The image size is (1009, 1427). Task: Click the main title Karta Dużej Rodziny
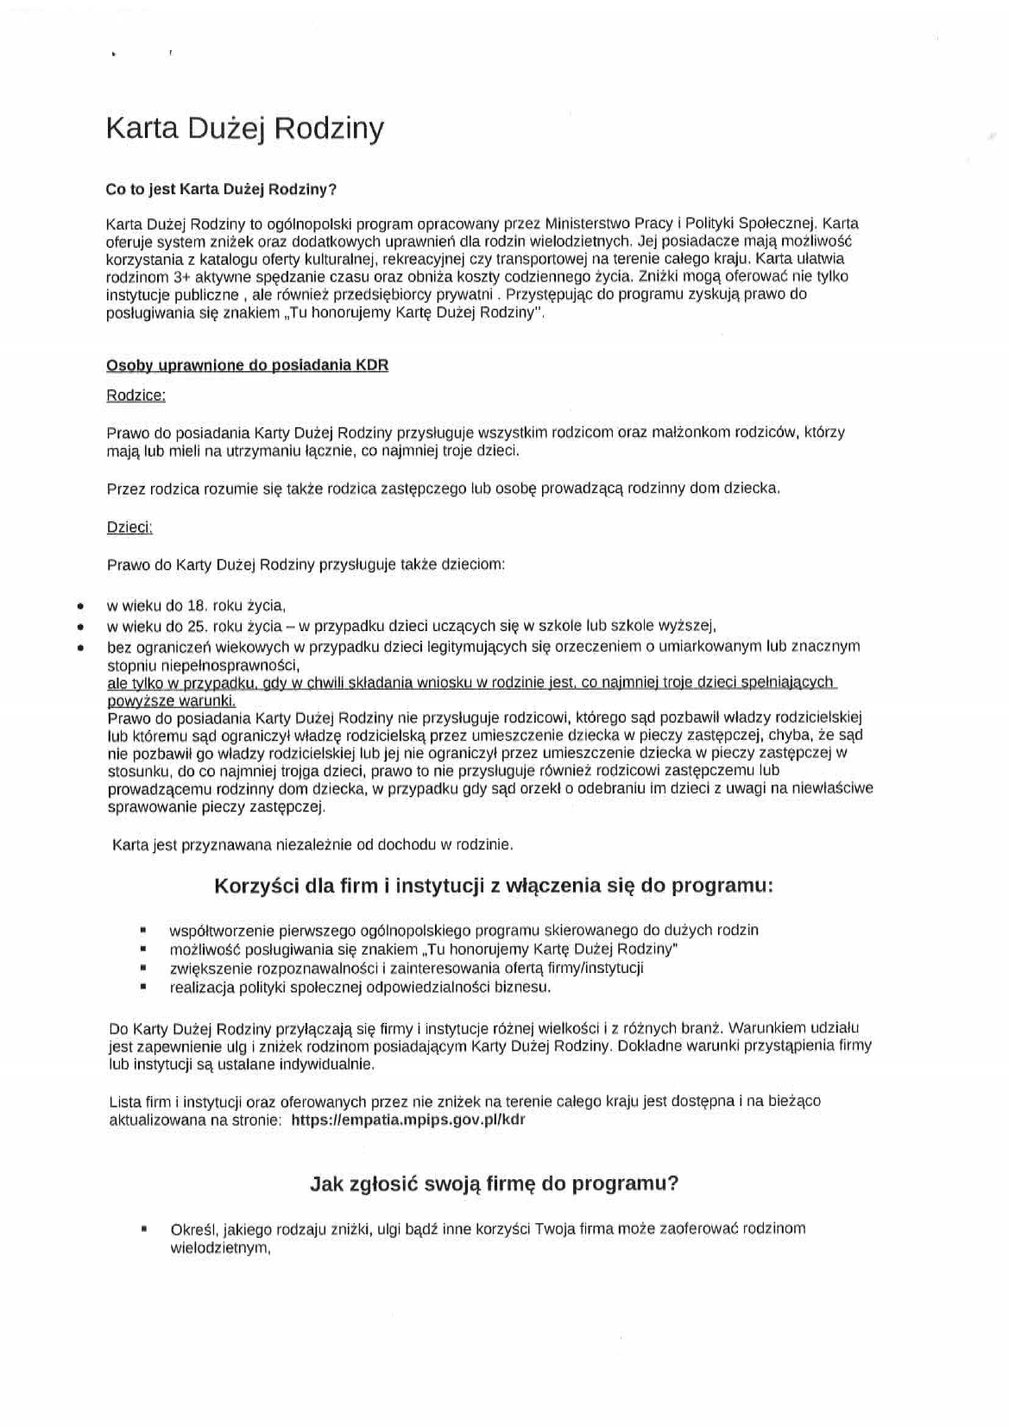244,129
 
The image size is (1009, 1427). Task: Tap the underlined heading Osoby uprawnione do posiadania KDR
247,365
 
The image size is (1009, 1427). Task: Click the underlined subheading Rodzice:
136,395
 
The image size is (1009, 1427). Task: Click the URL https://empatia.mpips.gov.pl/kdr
408,1120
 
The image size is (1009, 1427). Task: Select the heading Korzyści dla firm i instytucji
493,887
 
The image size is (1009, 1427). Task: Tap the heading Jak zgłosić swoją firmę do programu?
494,1184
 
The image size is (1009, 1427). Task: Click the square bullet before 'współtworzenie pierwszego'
142,931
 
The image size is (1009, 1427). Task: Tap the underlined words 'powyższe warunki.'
171,701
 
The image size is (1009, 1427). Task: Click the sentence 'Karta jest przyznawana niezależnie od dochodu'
312,844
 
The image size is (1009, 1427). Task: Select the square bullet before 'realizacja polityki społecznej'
142,987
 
